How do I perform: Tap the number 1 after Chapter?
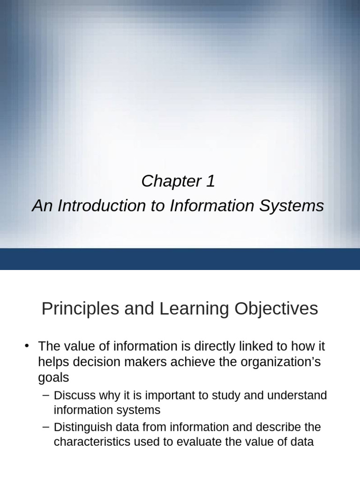210,181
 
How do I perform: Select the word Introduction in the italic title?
102,205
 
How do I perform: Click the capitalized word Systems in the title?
292,206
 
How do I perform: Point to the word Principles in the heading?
80,309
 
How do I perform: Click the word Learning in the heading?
194,309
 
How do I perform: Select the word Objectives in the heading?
276,309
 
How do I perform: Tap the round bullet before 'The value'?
27,346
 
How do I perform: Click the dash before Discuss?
46,395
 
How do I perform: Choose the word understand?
297,395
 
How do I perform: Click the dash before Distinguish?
46,427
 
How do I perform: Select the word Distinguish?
81,427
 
